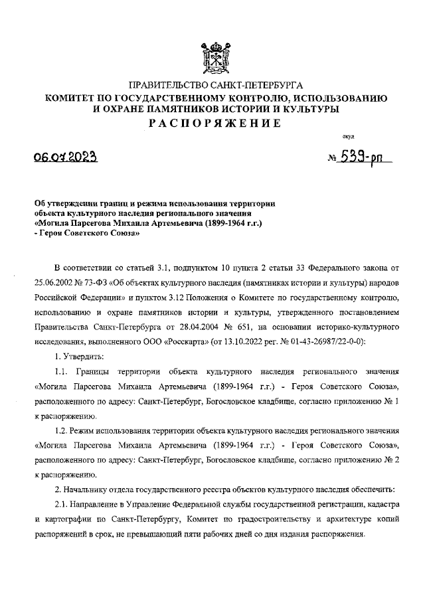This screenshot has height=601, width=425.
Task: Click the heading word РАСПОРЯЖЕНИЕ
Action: point(212,123)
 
